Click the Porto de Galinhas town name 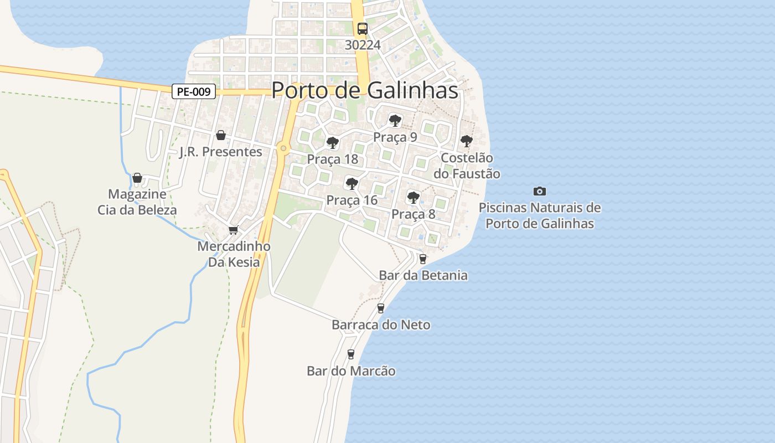point(365,90)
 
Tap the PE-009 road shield point(193,91)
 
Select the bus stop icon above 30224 point(363,29)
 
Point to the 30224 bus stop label point(363,45)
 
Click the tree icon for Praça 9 point(395,120)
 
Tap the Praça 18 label point(333,159)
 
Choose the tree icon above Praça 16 point(352,184)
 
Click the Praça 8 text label point(414,214)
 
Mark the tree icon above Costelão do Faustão point(467,141)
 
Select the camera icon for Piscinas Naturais point(540,191)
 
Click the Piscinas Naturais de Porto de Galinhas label point(540,216)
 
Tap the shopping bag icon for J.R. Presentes point(221,135)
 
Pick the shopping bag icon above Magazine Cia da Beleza point(137,178)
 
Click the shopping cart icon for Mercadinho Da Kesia point(234,230)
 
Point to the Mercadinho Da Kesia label point(234,254)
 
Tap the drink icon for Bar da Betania point(423,259)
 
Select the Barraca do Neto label point(381,325)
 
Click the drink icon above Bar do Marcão point(351,354)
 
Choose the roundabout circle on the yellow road point(283,148)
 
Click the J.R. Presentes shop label point(221,152)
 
